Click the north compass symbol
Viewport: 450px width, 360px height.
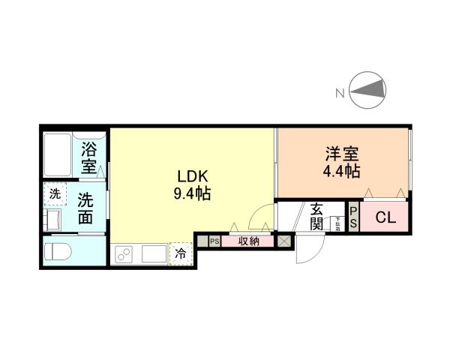367,91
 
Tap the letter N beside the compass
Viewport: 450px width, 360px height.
340,93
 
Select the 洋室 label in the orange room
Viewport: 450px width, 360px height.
341,154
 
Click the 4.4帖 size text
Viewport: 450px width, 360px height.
341,171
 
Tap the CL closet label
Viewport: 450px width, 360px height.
385,218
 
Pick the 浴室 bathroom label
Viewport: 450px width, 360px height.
90,157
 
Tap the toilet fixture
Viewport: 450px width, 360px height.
60,250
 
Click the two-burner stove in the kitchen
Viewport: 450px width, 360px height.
124,254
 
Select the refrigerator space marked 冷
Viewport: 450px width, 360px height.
181,253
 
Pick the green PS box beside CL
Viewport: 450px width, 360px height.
354,217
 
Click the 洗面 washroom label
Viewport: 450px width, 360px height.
86,208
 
